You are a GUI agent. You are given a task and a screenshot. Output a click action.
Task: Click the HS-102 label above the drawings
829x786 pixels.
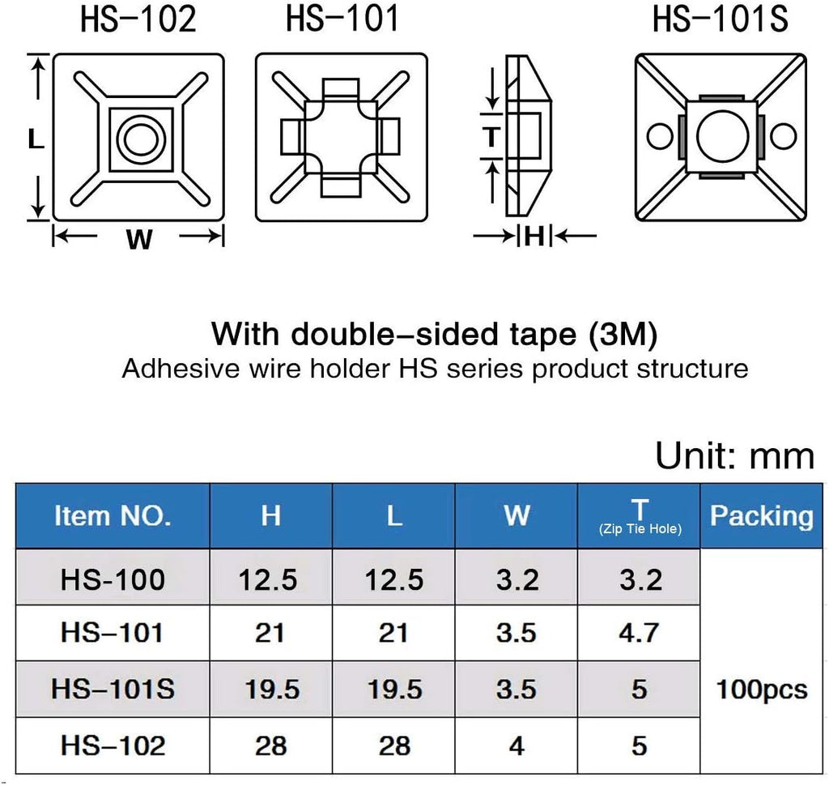tap(138, 19)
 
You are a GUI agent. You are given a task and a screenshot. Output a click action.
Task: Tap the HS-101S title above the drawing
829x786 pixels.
tap(720, 19)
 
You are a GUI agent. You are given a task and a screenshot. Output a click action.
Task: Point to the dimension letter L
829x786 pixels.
tap(36, 139)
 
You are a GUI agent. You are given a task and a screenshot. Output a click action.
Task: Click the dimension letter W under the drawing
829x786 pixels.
tap(139, 239)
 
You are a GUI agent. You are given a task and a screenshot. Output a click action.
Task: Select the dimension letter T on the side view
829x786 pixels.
tap(491, 137)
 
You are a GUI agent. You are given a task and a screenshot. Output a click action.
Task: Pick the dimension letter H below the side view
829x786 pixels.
tap(534, 236)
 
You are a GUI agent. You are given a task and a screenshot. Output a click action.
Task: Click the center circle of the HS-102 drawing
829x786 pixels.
tap(141, 139)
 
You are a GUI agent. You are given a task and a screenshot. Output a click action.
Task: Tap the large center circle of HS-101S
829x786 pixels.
tap(723, 136)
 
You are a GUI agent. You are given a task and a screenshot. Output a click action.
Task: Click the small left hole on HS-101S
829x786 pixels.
tap(660, 137)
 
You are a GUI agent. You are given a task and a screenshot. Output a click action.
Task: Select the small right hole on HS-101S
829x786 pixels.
tap(784, 137)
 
